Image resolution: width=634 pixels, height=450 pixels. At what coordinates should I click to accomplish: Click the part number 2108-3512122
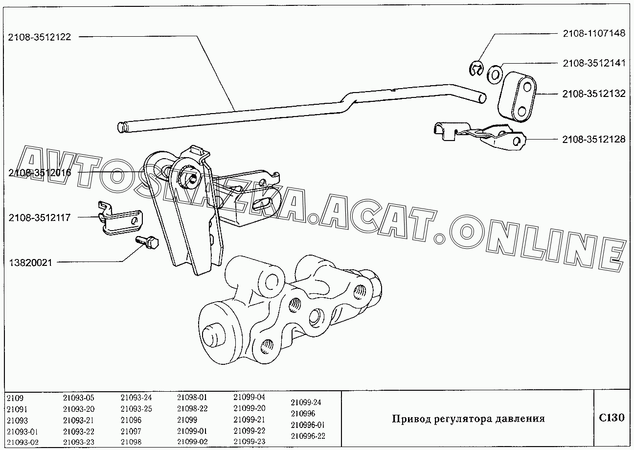coord(39,37)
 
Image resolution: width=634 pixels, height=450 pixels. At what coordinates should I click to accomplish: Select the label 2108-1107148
coord(594,33)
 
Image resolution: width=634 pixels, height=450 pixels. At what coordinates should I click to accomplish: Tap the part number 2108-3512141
coord(594,63)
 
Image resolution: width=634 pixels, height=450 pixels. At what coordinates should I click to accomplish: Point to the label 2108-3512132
coord(594,94)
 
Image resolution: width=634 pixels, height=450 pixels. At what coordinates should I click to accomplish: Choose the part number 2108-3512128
coord(594,139)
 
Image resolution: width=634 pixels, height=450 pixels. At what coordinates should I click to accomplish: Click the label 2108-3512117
coord(39,217)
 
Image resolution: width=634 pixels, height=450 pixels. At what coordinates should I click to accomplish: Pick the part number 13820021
coord(30,263)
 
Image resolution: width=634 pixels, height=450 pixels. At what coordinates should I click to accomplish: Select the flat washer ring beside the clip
coord(495,75)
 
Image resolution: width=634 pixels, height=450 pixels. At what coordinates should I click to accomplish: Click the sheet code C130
coord(611,418)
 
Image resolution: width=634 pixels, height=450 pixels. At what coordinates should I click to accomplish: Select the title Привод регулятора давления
coord(468,419)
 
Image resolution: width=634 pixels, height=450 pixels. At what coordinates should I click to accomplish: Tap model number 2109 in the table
coord(15,398)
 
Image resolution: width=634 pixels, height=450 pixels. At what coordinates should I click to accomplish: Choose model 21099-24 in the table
coord(306,402)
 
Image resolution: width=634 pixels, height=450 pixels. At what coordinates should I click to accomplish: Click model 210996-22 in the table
coord(308,436)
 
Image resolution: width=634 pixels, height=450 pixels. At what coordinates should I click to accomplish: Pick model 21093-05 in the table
coord(78,398)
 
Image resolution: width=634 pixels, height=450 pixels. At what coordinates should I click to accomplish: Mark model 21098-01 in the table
coord(192,397)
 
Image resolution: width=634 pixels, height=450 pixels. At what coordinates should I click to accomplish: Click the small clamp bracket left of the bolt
coord(120,219)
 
